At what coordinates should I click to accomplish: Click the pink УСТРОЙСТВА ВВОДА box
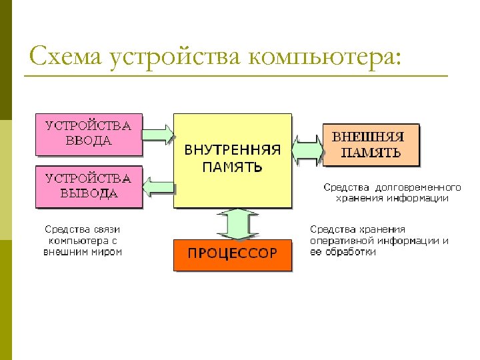pyautogui.click(x=89, y=133)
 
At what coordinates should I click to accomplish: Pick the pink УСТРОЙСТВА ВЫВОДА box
pyautogui.click(x=89, y=186)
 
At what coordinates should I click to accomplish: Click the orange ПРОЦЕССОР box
pyautogui.click(x=232, y=254)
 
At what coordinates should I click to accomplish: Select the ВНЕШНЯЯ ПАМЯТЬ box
pyautogui.click(x=371, y=144)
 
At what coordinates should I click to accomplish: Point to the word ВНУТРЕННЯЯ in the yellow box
pyautogui.click(x=233, y=150)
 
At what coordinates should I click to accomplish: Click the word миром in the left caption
pyautogui.click(x=107, y=252)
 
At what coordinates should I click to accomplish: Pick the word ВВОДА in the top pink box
pyautogui.click(x=89, y=141)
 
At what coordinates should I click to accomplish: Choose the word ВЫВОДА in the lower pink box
pyautogui.click(x=89, y=193)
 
